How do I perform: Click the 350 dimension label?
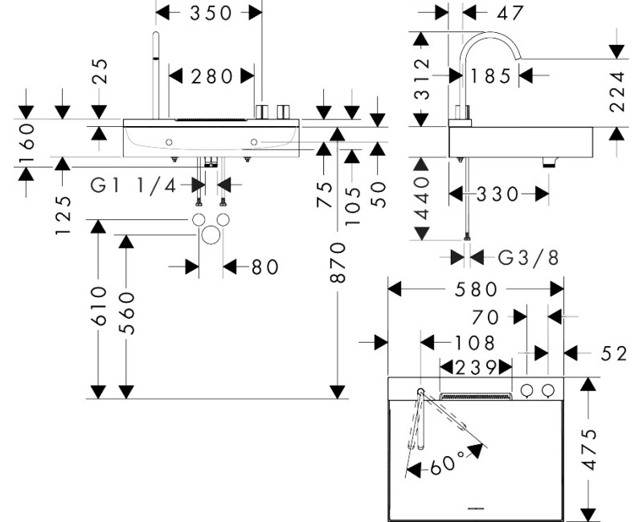click(211, 13)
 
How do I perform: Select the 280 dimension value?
click(212, 76)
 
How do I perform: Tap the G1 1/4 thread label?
click(133, 186)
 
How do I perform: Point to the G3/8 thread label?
click(528, 258)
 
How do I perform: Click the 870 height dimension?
click(338, 263)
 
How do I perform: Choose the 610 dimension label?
click(99, 306)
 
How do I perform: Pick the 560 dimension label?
click(127, 313)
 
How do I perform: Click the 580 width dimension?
click(476, 290)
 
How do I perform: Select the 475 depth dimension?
click(589, 450)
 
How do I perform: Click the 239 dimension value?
click(476, 368)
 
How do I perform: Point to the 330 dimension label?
click(498, 194)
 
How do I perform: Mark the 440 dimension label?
click(421, 198)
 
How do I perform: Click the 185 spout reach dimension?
click(490, 76)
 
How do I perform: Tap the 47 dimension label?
click(510, 13)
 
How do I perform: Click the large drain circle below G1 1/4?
click(211, 234)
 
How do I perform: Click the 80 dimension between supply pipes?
click(265, 267)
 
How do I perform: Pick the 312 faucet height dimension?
click(422, 79)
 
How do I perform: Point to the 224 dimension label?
click(616, 92)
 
